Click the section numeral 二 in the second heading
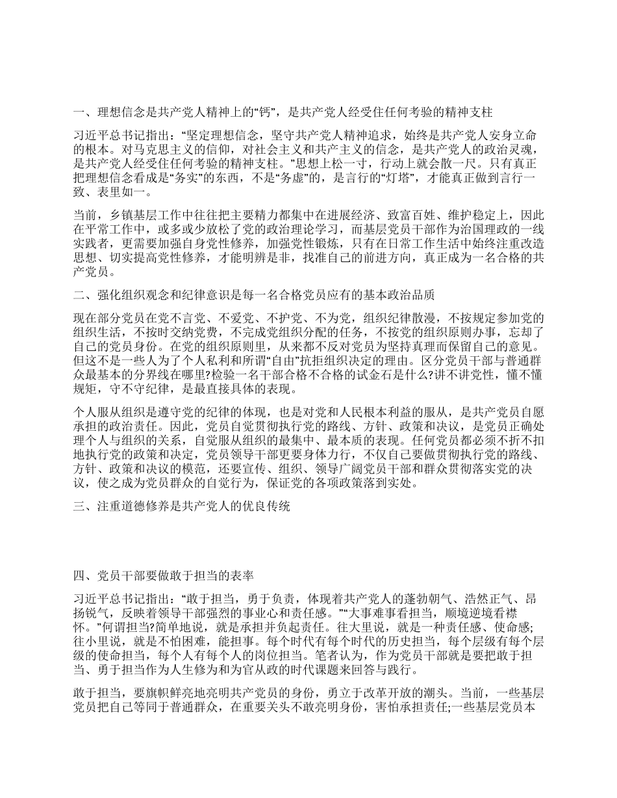coord(78,295)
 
